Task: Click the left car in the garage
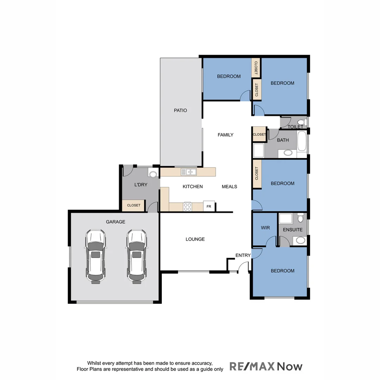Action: pos(95,256)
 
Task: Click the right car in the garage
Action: pos(137,256)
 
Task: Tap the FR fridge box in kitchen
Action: pos(209,206)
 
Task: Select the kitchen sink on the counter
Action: pos(189,172)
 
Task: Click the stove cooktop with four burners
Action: pos(188,207)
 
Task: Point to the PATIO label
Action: pos(180,110)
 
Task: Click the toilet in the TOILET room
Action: pos(304,122)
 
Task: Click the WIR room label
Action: pos(265,228)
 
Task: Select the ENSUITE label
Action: pos(293,230)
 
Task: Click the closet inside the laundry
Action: pos(133,205)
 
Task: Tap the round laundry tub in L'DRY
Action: pos(153,173)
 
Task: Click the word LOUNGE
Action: pos(195,239)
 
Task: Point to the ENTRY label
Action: pos(243,255)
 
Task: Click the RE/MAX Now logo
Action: pos(266,366)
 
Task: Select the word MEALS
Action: pos(229,186)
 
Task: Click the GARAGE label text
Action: pos(115,222)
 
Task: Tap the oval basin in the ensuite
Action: pos(300,240)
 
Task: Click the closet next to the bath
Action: pos(260,134)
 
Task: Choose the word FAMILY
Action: pos(226,135)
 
